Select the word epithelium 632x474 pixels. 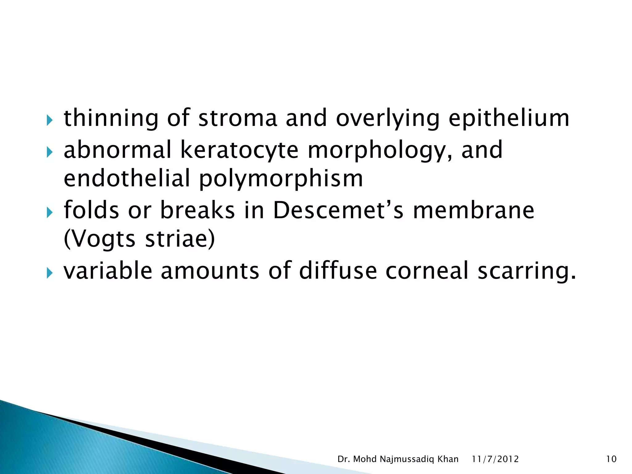coord(509,119)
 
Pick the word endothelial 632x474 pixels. coord(127,179)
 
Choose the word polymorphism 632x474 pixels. coord(281,179)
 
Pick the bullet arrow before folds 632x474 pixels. coord(49,212)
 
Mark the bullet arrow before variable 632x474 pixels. coord(49,272)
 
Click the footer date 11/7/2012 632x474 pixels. coord(495,459)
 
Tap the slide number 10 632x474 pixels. coord(611,459)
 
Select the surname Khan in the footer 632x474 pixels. coord(448,459)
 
